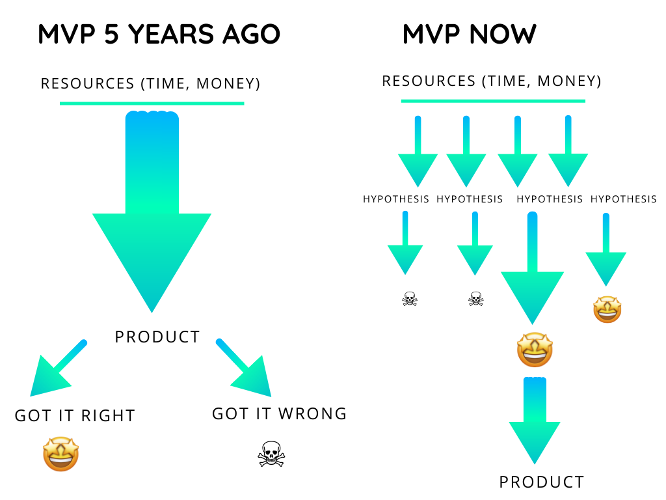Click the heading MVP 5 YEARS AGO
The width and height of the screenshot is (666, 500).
pos(159,34)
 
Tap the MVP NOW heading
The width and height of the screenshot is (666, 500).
pos(470,34)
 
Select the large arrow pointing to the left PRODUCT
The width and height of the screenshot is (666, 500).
pos(152,212)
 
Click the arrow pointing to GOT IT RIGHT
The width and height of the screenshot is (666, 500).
pos(59,368)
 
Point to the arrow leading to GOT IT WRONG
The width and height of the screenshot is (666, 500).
pos(243,368)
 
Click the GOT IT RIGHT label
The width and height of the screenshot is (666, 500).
pos(75,416)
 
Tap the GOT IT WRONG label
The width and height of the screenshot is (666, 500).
pos(280,413)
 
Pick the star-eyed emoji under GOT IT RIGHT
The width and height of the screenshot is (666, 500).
pos(61,454)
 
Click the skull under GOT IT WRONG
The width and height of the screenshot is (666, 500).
pos(271,454)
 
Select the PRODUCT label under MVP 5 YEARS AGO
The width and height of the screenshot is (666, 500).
pos(157,337)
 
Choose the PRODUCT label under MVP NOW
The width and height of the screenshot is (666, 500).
pos(542,482)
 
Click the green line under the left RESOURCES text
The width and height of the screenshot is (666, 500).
pos(152,104)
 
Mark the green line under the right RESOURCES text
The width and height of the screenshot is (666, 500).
pos(493,101)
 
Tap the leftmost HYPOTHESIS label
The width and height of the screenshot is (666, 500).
pos(396,199)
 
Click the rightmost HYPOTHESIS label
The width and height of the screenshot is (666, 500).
pos(624,199)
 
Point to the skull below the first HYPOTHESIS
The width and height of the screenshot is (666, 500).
pos(410,299)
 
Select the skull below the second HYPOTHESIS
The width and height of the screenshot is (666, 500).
pos(476,299)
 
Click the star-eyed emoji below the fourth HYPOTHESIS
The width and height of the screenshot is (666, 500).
pos(607,309)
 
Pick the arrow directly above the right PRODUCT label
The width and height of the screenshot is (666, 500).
pos(535,421)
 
